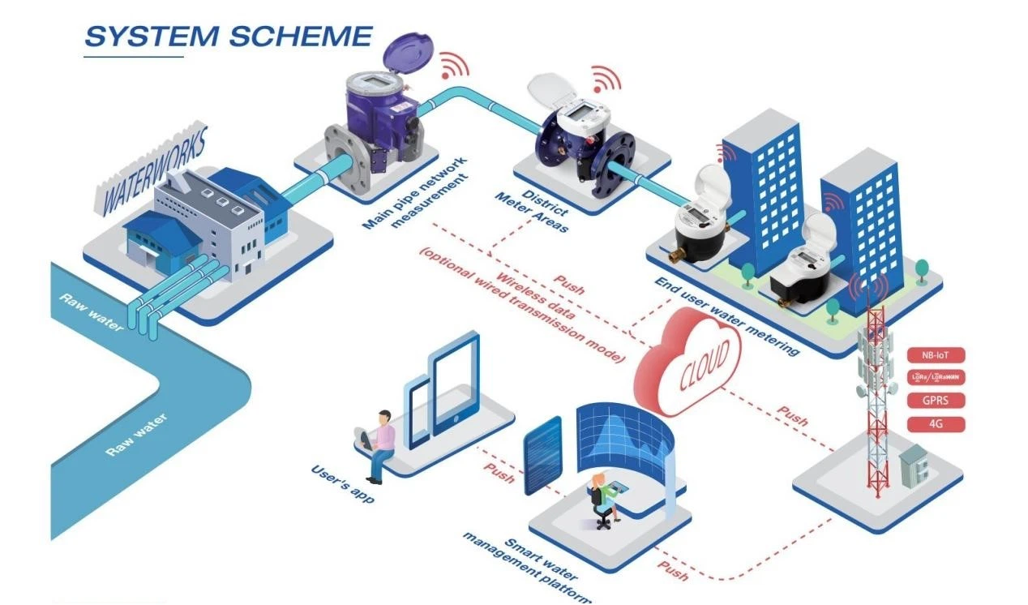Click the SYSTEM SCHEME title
click(x=229, y=36)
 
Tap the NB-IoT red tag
click(x=936, y=354)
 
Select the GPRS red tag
click(x=936, y=401)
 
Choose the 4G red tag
click(x=936, y=423)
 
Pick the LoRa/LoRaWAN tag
click(x=936, y=378)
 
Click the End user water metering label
click(x=728, y=315)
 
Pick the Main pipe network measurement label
click(x=414, y=192)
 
